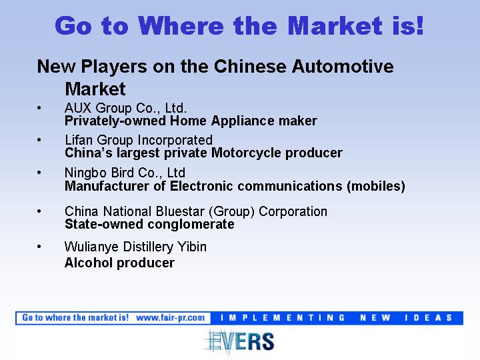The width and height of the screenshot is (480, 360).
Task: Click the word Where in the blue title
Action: click(181, 26)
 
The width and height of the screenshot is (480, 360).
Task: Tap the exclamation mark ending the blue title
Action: click(420, 26)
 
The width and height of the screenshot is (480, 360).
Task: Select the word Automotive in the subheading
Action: click(343, 67)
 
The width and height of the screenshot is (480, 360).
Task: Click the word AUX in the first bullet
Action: click(78, 108)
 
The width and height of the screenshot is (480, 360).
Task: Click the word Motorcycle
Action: click(246, 153)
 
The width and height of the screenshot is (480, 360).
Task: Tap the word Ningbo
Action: click(86, 173)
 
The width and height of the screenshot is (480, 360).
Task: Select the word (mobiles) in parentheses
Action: click(376, 186)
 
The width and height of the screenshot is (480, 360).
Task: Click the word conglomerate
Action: click(191, 225)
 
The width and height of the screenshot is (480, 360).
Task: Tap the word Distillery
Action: click(148, 247)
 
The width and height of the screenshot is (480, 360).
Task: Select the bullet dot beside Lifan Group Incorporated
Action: click(39, 140)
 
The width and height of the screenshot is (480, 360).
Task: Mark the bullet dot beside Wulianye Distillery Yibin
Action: click(39, 247)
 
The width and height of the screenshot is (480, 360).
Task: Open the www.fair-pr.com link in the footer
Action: click(171, 318)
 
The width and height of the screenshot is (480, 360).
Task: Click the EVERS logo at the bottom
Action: click(239, 341)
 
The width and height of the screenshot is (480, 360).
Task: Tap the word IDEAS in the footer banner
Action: click(428, 318)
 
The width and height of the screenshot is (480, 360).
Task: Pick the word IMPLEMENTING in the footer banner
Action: click(283, 318)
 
